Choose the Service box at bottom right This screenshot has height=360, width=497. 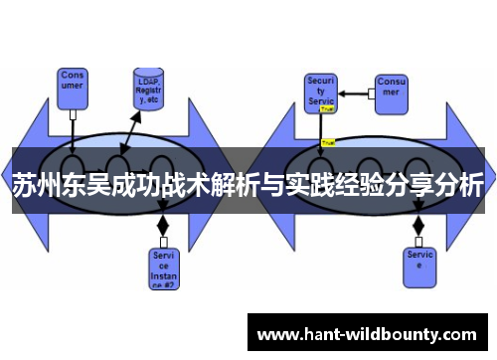click(x=420, y=261)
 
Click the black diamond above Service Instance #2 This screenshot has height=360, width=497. click(x=163, y=228)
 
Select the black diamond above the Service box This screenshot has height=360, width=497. click(x=417, y=225)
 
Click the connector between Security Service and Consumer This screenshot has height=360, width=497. click(x=355, y=93)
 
